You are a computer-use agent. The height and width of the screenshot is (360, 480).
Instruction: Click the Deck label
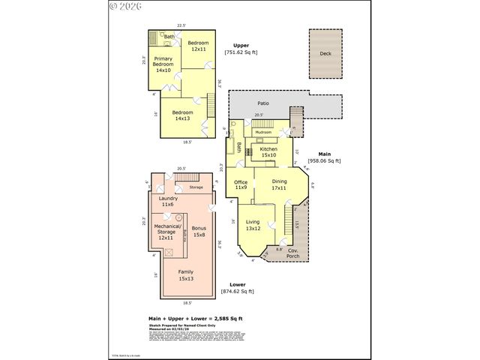coord(325,54)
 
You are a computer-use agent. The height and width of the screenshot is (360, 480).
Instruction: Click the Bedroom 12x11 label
coord(197,46)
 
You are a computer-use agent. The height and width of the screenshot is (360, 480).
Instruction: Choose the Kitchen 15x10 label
coord(268,152)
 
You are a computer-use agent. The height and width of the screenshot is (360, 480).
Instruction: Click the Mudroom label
coord(263,132)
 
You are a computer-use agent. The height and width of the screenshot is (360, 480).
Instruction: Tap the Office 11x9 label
coord(241,184)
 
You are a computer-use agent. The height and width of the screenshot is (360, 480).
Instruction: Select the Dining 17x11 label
coord(279,184)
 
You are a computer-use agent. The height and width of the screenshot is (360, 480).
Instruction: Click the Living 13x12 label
coord(253,224)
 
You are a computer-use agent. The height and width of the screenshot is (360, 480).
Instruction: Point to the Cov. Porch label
coord(293,254)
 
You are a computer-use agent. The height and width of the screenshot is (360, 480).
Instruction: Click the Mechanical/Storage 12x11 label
coord(166,231)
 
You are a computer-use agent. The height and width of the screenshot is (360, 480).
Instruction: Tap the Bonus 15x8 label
coord(199,231)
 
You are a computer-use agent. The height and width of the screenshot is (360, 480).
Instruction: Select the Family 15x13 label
coord(184,275)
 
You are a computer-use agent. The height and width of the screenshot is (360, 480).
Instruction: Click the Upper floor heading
coord(241,45)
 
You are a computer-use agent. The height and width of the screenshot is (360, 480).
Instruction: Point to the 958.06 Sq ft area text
coord(324,160)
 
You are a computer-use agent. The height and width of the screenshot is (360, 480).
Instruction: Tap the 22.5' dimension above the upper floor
coord(181,25)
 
